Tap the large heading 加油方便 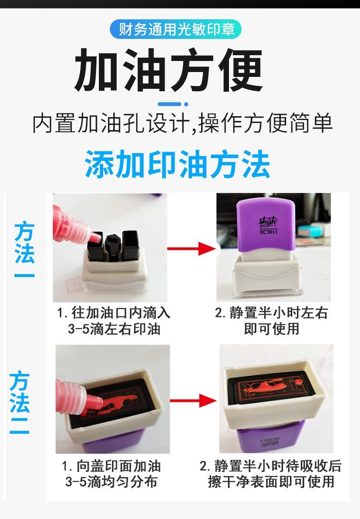[x=169, y=70]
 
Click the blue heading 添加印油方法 [x=177, y=164]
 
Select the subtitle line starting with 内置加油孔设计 [x=182, y=123]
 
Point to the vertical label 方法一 [x=24, y=249]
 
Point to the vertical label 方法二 [x=19, y=402]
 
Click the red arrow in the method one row [x=191, y=248]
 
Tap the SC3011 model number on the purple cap [x=268, y=232]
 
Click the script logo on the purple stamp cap [x=268, y=222]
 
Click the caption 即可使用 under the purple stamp [x=271, y=329]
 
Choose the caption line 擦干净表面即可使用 [x=271, y=482]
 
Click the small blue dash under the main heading [x=173, y=104]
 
